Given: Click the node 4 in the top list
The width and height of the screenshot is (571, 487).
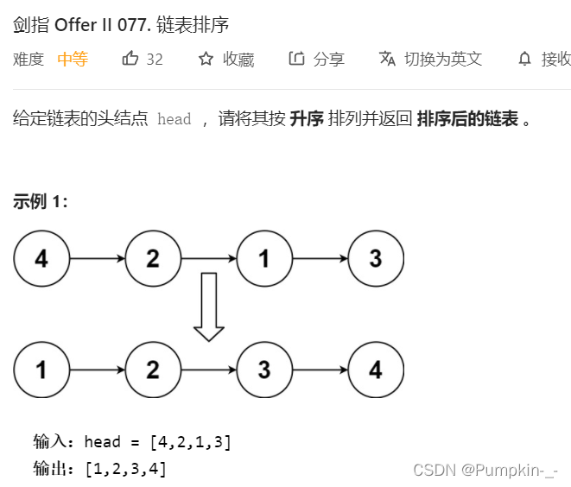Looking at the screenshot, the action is click(x=41, y=258).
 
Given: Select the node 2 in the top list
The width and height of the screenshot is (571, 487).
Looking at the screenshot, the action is click(x=153, y=258).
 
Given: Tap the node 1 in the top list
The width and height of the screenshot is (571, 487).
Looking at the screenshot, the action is click(x=264, y=258).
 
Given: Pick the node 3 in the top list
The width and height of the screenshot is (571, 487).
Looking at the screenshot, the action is click(x=375, y=258).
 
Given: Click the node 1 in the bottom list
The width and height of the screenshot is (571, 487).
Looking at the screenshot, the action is click(x=41, y=370).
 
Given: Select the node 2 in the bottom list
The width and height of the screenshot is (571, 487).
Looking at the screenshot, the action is click(x=153, y=370).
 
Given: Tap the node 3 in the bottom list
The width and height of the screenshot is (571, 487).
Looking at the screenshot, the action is click(x=264, y=370).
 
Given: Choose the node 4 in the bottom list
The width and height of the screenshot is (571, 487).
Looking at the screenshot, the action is click(x=375, y=370).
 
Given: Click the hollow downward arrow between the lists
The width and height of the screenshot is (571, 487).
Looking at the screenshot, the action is click(x=208, y=307).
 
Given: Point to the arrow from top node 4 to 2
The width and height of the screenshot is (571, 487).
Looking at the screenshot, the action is click(x=97, y=258).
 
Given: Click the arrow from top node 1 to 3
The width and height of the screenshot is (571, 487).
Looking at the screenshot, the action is click(x=320, y=258).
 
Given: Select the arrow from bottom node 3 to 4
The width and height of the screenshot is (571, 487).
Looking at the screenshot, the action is click(x=320, y=370).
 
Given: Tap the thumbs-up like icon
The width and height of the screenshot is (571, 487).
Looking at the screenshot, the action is click(x=130, y=59).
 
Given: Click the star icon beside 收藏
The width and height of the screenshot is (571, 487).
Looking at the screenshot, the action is click(x=206, y=59).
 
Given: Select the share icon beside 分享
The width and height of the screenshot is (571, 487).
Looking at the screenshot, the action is click(x=296, y=59).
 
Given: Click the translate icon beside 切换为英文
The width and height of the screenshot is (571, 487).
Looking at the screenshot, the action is click(x=387, y=59).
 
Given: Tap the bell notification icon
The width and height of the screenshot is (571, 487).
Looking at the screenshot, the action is click(x=524, y=59).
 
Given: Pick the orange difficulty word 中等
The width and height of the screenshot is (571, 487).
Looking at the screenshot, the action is click(x=73, y=59).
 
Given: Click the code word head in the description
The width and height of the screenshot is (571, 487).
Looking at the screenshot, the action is click(x=174, y=120).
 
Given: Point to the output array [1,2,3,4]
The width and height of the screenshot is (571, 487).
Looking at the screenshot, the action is click(x=125, y=469).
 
